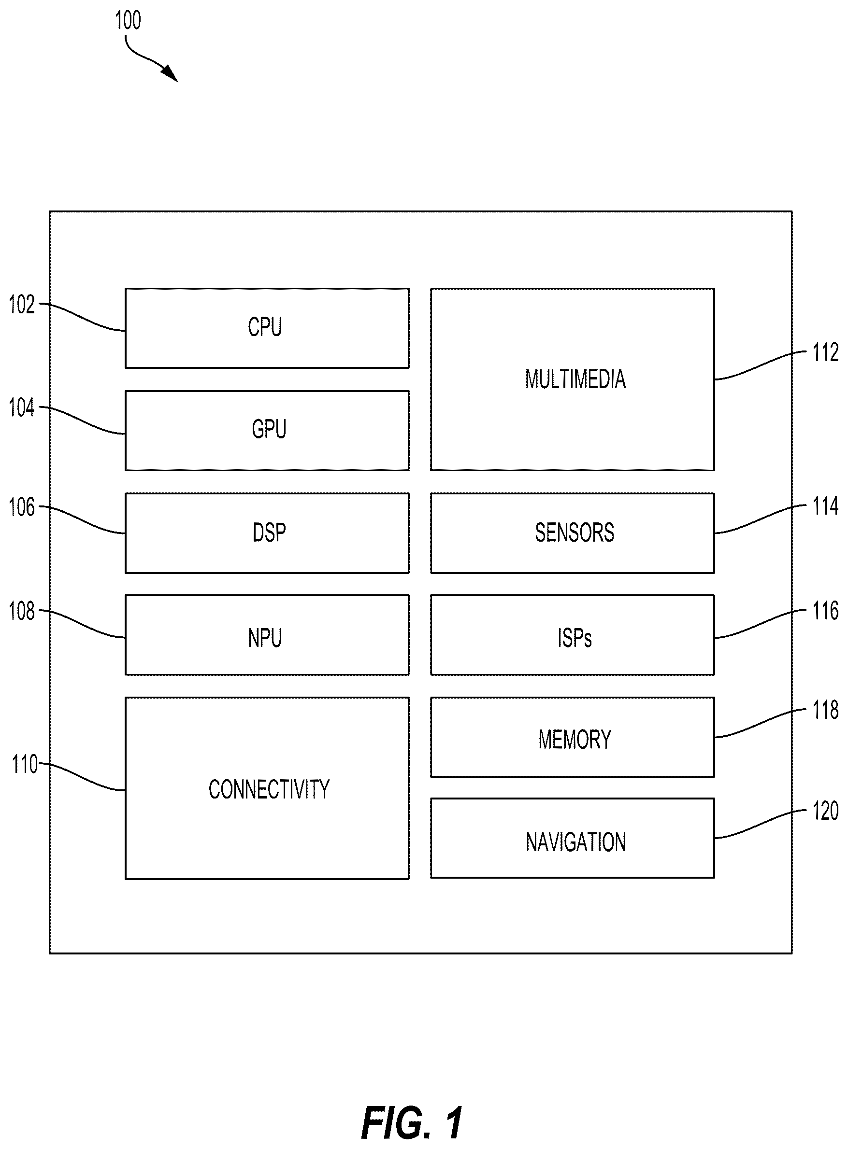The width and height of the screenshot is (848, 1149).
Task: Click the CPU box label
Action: tap(265, 327)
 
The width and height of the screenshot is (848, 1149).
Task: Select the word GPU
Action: tap(269, 429)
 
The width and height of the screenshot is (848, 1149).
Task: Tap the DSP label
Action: tap(269, 532)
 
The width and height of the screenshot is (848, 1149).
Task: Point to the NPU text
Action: tap(265, 638)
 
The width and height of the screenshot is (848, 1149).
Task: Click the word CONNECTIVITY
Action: tap(269, 789)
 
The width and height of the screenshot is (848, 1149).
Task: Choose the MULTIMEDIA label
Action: tap(575, 379)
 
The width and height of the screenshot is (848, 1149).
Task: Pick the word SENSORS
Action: tap(575, 532)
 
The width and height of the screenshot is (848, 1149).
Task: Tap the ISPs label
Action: tap(575, 638)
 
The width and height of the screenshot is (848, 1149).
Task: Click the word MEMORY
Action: tap(575, 739)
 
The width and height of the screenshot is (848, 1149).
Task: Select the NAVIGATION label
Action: tap(575, 842)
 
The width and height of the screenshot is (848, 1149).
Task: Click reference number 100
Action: tap(128, 20)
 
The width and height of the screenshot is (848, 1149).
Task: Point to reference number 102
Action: tap(22, 304)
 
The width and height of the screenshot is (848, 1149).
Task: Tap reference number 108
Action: tap(22, 611)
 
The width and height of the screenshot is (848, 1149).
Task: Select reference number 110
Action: tap(25, 764)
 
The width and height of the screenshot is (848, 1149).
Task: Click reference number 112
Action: tap(825, 352)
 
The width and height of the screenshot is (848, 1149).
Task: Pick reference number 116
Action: tap(825, 611)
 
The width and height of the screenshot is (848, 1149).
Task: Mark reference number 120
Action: tap(825, 811)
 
